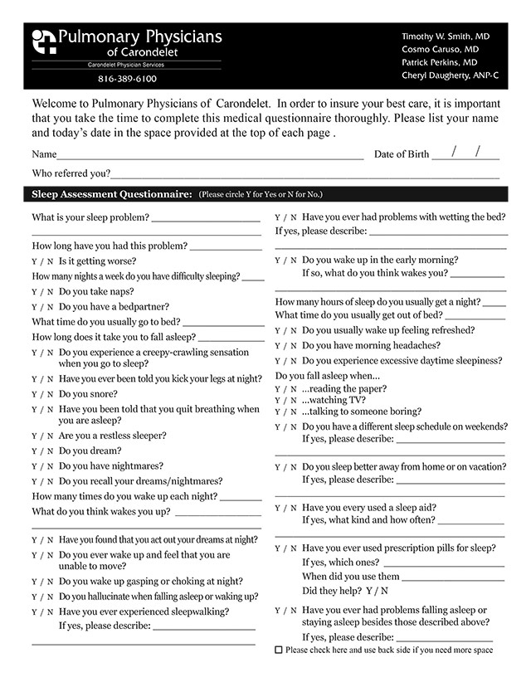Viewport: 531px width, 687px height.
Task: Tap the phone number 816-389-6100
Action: click(x=127, y=79)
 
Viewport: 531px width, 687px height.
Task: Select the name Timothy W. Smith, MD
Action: click(x=446, y=37)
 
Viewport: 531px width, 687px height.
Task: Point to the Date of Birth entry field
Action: click(x=465, y=153)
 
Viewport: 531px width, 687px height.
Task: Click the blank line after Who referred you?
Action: click(x=304, y=174)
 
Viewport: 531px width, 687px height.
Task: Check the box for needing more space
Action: click(x=278, y=650)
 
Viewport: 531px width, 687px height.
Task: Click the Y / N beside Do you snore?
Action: click(x=42, y=395)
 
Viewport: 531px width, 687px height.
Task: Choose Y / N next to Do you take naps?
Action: click(x=42, y=292)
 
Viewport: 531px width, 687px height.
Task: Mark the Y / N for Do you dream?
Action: click(x=42, y=451)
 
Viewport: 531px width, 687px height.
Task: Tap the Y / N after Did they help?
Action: click(x=377, y=592)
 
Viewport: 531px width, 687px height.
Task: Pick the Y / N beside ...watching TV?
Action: click(x=285, y=400)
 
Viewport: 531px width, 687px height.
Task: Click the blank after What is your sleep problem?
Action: click(x=206, y=218)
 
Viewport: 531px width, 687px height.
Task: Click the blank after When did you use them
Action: click(x=454, y=577)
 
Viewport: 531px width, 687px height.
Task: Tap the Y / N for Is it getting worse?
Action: click(x=42, y=261)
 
